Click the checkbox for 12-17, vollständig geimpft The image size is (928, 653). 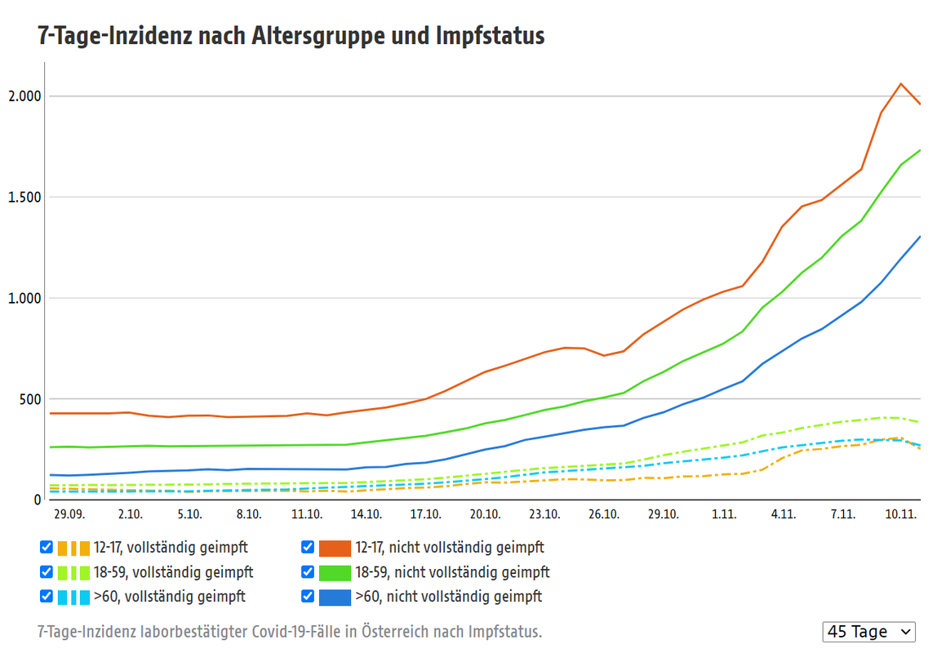(x=47, y=547)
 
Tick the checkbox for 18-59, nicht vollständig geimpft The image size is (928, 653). (x=308, y=571)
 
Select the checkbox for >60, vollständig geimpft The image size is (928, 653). (x=47, y=596)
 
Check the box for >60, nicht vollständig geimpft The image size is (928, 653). (x=308, y=596)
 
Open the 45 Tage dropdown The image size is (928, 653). (x=869, y=632)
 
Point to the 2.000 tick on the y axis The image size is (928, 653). (x=24, y=96)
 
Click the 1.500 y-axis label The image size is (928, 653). (x=24, y=197)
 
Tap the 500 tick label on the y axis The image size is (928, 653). (x=30, y=398)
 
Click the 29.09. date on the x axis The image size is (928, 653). (x=69, y=514)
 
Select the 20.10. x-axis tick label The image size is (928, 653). (x=485, y=514)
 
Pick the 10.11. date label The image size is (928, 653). (x=901, y=514)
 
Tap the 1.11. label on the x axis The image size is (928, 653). (x=724, y=514)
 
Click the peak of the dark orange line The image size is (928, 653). (x=900, y=83)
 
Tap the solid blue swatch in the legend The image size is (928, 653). (x=335, y=597)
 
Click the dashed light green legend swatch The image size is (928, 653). (x=73, y=572)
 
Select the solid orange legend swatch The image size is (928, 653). (x=335, y=548)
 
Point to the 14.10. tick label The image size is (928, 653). (x=366, y=514)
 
